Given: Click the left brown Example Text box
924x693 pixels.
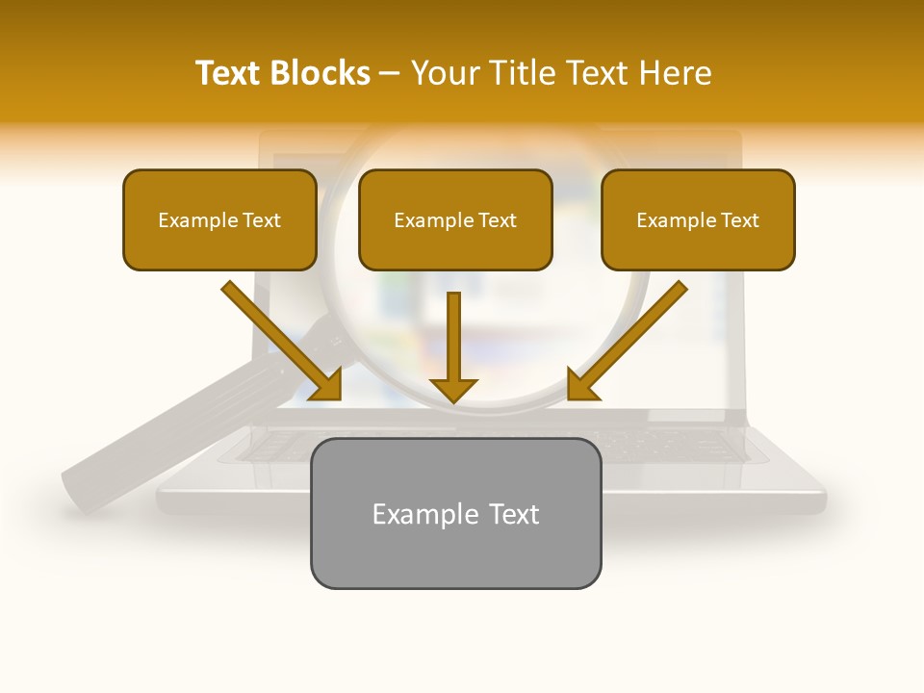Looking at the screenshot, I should pos(219,220).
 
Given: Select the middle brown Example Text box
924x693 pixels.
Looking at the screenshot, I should pos(455,220).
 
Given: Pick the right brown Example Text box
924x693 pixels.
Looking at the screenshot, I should pos(698,220).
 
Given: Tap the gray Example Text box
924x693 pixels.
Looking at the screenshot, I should pos(455,514).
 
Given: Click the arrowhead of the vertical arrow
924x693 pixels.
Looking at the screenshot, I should pos(453,390).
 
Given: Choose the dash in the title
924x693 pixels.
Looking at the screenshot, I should pos(390,73).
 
